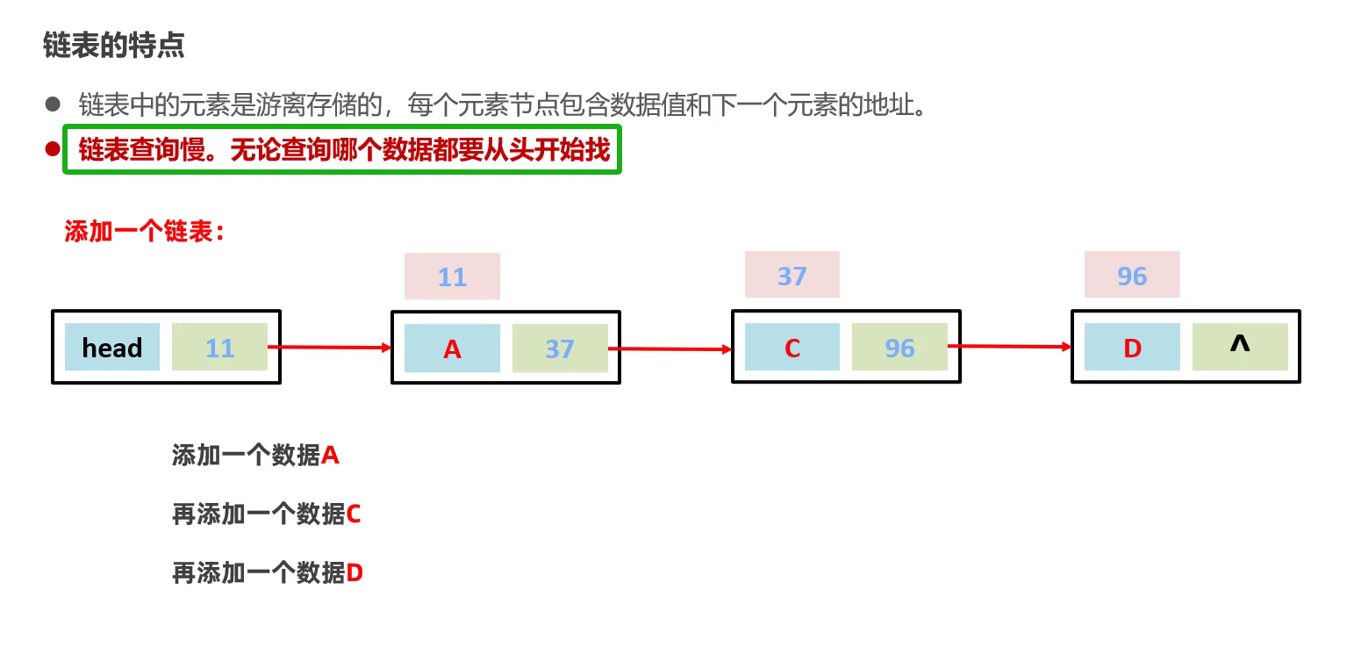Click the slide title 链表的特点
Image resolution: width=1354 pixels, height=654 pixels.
point(113,46)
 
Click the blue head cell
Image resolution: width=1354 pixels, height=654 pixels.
point(112,347)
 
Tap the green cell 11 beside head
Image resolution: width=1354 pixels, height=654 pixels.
point(219,347)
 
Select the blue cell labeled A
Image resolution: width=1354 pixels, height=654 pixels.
point(452,349)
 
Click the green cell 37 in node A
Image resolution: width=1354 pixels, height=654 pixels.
point(560,349)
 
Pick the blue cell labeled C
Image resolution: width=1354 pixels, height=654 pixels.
point(792,348)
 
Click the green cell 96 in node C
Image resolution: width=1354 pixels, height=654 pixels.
point(899,348)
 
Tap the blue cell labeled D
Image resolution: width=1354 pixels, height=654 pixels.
point(1132,348)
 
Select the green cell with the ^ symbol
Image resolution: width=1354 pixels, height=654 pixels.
point(1240,346)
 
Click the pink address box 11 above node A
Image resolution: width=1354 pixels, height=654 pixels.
point(452,277)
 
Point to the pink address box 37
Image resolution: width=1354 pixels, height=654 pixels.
point(792,275)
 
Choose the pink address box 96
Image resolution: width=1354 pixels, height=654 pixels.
point(1132,275)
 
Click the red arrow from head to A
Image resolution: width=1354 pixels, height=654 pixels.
point(329,348)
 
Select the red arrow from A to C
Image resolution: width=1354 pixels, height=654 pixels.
point(670,349)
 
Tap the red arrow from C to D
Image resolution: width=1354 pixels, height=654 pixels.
point(1009,347)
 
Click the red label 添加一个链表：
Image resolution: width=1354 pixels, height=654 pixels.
point(145,233)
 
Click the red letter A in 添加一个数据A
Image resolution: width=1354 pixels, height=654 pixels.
point(331,456)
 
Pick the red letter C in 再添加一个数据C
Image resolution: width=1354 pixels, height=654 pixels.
point(354,514)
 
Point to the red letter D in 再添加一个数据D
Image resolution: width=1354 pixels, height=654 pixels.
point(355,573)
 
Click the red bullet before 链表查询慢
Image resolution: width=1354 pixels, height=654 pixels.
point(52,149)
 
